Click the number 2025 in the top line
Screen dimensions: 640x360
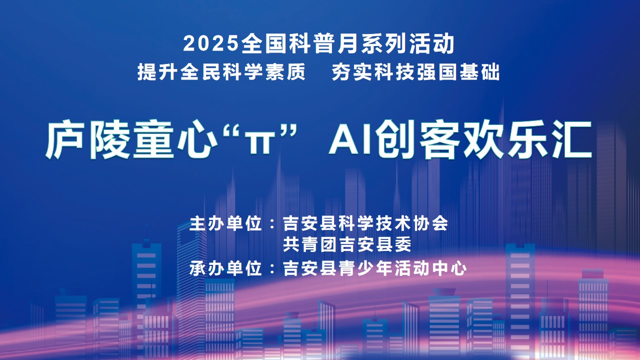coord(211,43)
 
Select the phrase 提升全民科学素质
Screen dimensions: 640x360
coord(221,71)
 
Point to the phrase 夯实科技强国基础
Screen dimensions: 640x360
coord(416,71)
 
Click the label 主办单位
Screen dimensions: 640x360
coord(225,223)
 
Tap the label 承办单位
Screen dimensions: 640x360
coord(225,268)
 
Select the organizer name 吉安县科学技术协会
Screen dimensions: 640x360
coord(365,223)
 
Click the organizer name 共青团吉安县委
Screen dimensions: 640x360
coord(347,244)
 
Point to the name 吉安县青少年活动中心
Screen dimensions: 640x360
coord(375,268)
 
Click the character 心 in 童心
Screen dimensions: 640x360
coord(197,139)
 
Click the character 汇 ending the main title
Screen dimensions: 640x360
coord(571,139)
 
